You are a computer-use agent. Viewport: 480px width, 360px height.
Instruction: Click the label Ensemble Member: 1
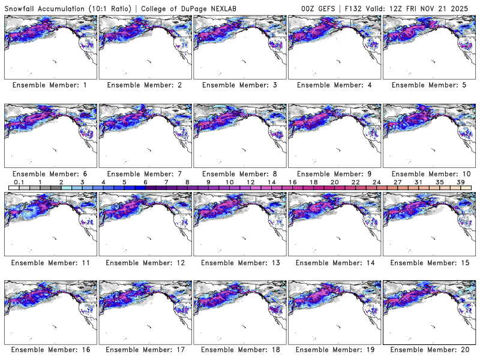tap(50, 85)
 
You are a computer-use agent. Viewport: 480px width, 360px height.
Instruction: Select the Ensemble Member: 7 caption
tap(145, 174)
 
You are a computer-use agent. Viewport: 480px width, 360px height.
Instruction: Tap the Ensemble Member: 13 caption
tap(239, 262)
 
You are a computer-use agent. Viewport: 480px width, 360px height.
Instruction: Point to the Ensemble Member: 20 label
tap(429, 350)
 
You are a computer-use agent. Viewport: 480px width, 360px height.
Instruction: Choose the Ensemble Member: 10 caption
tap(429, 174)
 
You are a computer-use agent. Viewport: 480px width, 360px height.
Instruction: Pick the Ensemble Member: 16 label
tap(50, 350)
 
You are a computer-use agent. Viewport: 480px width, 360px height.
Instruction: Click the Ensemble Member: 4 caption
tap(334, 85)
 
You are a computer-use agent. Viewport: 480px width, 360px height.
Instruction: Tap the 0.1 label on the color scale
tap(19, 182)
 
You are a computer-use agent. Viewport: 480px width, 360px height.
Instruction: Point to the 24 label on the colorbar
tap(377, 182)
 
